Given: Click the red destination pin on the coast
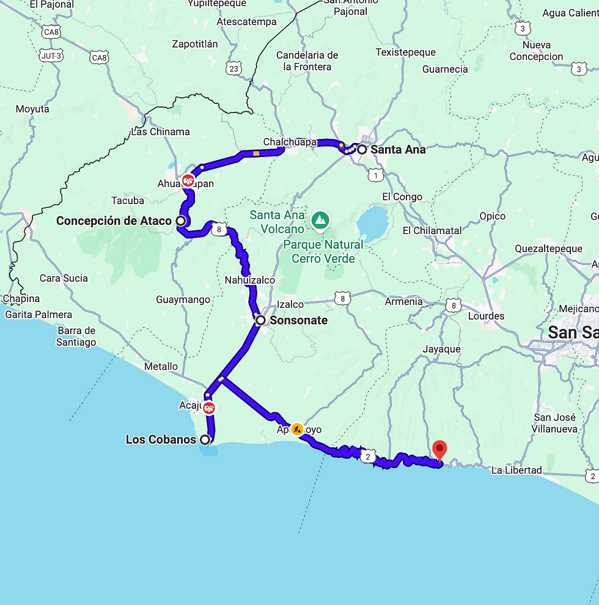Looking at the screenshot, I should coord(439,450).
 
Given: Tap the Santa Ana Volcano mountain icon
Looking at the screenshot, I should coord(319,219).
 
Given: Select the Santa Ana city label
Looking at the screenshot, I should coord(398,149).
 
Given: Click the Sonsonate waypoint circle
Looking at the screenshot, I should coord(260,320).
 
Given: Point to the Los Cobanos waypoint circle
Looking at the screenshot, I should coord(205,439).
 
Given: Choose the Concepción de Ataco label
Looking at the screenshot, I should coord(114,221).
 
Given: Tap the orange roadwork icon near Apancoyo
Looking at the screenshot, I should coord(296,429).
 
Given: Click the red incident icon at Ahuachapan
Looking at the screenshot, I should coord(188,180).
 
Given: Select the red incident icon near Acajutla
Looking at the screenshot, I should coord(209,408).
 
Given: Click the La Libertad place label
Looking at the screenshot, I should coord(516,470).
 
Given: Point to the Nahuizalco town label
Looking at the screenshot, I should coord(250,280).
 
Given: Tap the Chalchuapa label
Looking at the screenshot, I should coord(290,142).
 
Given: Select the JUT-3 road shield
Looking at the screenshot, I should coord(52,56).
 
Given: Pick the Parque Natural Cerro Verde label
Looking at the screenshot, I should coord(323,251).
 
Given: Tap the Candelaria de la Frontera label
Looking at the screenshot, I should coord(307,61).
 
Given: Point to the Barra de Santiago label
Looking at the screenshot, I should coord(77,337).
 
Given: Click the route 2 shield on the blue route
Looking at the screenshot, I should coord(367,456).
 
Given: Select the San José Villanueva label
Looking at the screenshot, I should coord(555,423).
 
